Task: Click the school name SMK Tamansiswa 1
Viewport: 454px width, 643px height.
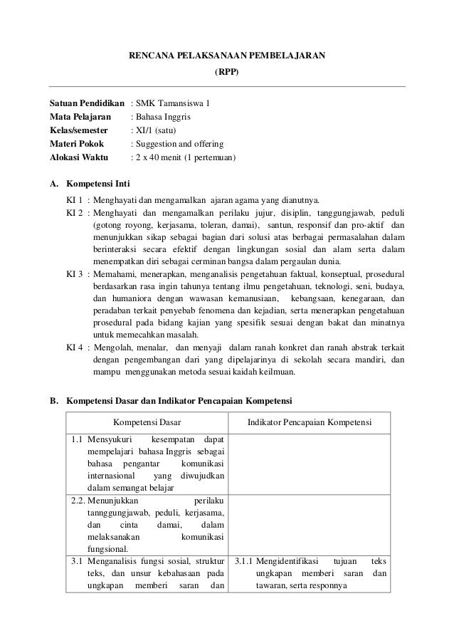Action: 170,105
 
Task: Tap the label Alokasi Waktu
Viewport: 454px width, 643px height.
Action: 78,156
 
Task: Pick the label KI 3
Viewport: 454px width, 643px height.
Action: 74,273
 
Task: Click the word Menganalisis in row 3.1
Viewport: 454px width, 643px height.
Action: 115,562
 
